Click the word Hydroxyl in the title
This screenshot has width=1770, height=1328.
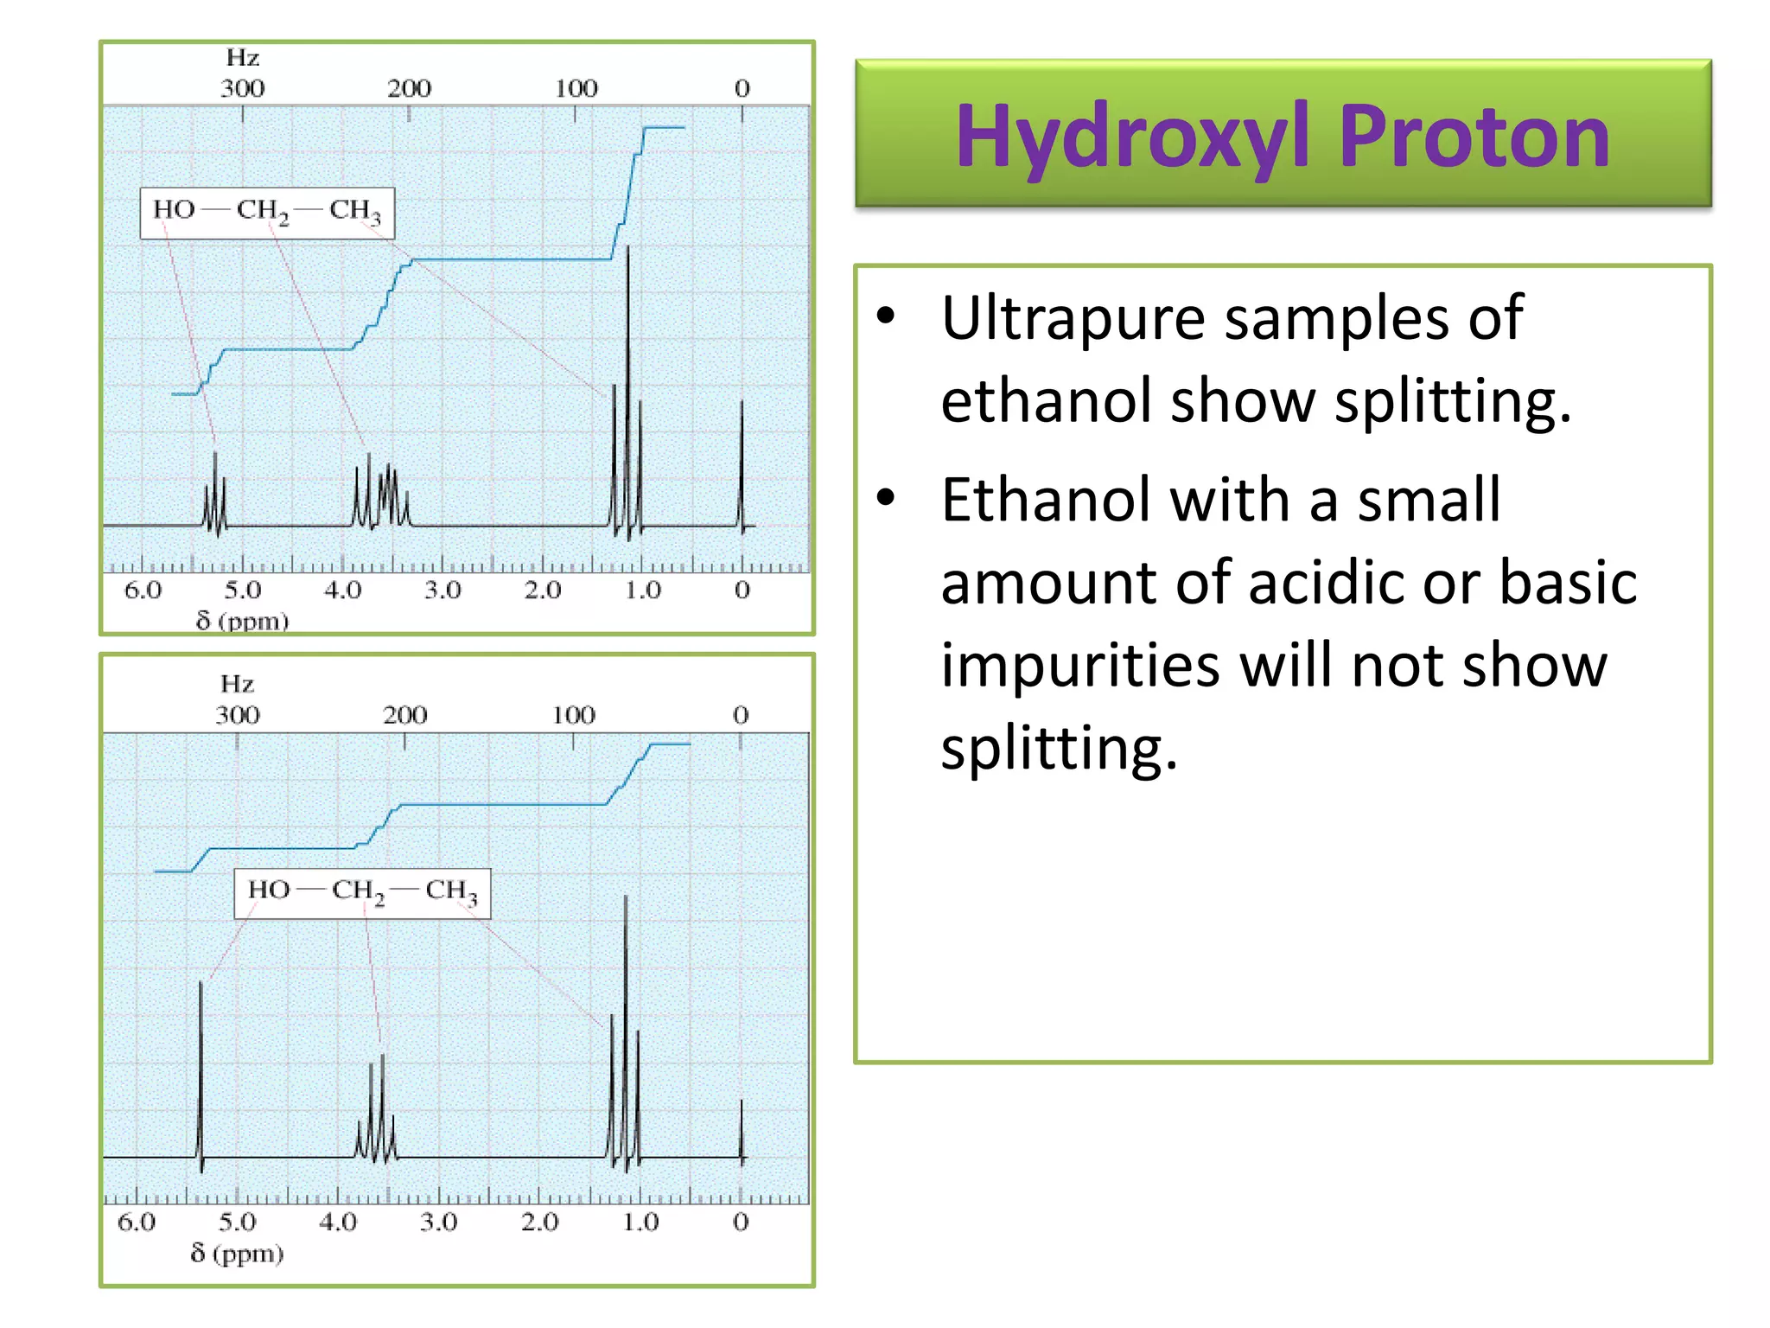(1132, 136)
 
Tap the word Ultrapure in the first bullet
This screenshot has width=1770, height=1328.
(1072, 320)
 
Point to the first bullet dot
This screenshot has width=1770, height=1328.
(886, 316)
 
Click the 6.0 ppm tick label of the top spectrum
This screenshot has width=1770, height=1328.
(143, 591)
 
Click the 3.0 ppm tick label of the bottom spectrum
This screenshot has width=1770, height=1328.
(438, 1222)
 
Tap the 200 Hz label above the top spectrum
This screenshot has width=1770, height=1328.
(409, 88)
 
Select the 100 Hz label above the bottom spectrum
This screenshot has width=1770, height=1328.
(574, 715)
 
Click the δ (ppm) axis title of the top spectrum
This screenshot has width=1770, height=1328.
(242, 620)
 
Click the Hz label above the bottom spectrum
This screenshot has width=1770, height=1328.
(237, 684)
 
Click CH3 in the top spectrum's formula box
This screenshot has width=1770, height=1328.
(354, 210)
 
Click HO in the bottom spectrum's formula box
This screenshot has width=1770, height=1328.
(269, 890)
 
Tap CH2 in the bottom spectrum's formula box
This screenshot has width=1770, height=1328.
(358, 891)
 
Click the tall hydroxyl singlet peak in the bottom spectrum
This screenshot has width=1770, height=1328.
(201, 1072)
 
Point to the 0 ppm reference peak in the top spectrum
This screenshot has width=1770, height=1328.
(742, 467)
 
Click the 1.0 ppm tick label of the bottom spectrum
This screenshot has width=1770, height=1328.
(640, 1222)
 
